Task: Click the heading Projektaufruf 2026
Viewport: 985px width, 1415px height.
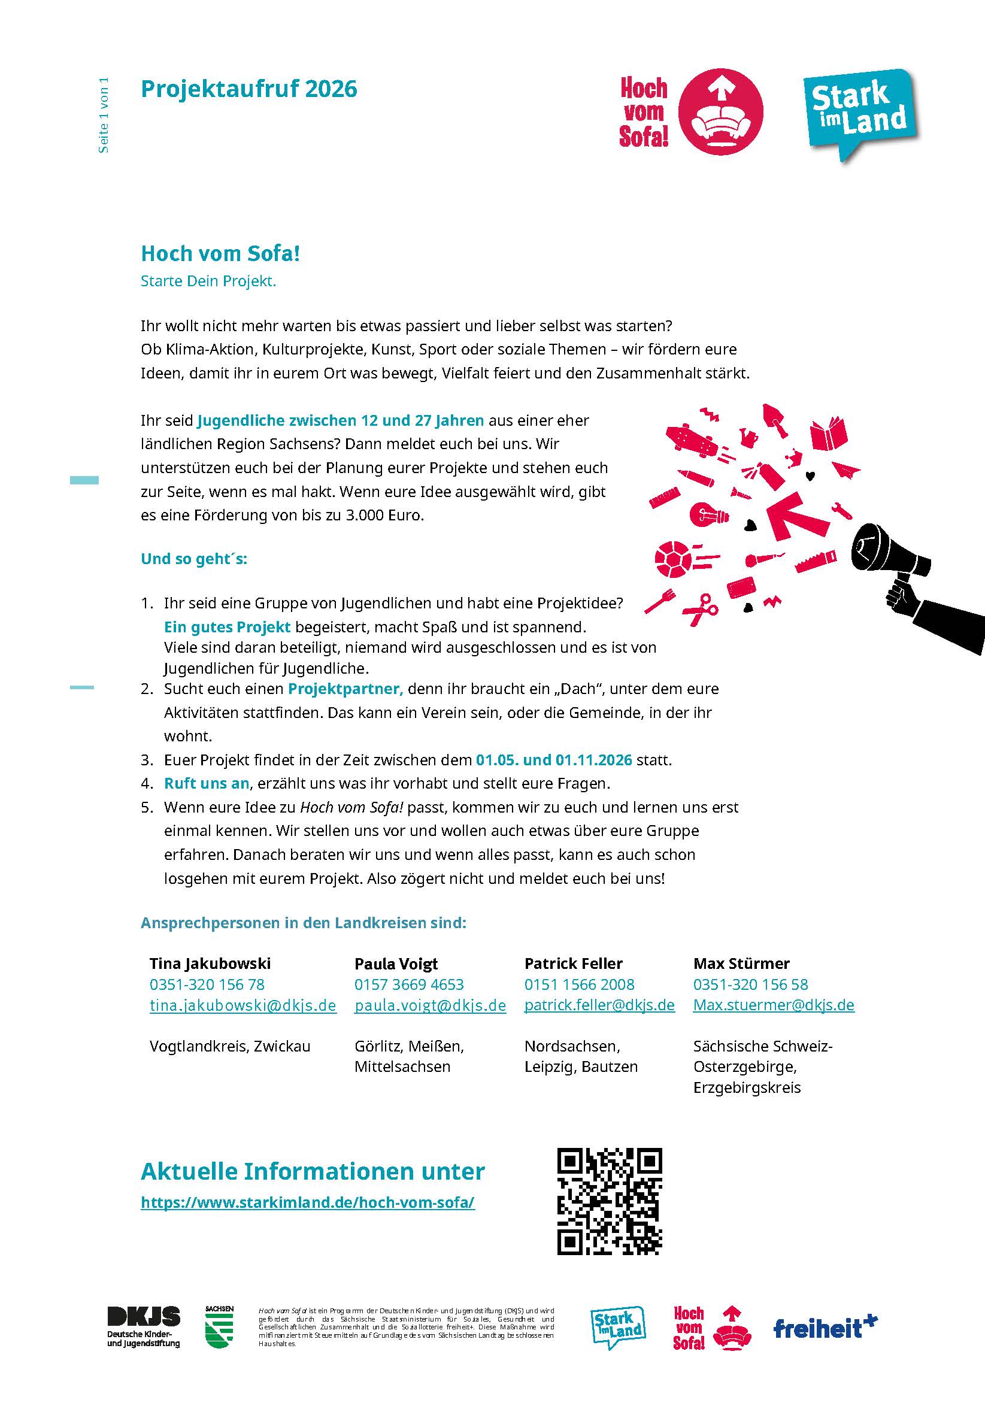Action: click(248, 89)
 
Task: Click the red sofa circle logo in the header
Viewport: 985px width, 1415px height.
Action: click(720, 111)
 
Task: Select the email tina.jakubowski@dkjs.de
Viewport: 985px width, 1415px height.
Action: click(243, 1005)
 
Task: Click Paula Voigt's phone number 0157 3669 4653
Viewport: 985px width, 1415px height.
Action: click(408, 984)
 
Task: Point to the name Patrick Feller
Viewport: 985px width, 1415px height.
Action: click(573, 963)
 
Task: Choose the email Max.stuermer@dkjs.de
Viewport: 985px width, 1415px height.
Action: click(774, 1005)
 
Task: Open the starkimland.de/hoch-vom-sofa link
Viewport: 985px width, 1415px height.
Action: click(308, 1202)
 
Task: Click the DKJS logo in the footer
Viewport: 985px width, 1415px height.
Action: click(144, 1326)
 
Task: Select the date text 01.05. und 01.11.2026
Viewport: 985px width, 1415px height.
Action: click(553, 760)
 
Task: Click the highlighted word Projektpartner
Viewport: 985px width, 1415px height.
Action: click(345, 689)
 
